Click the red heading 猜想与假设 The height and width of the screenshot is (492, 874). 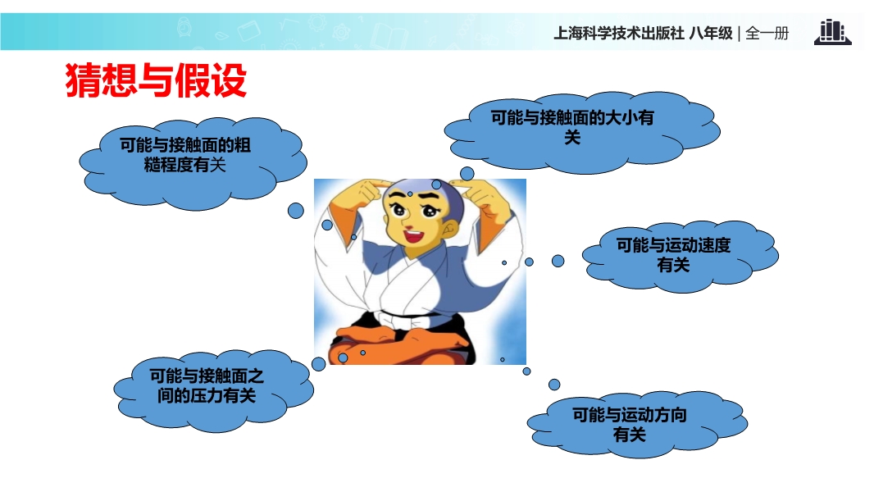(x=156, y=81)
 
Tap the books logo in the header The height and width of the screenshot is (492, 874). (x=832, y=32)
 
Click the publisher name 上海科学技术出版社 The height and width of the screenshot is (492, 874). (x=619, y=34)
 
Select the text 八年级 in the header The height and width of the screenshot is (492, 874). (x=711, y=34)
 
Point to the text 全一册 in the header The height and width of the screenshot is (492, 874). (x=767, y=34)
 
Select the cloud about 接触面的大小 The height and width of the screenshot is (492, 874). (x=582, y=132)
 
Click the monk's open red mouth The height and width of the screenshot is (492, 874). (x=413, y=235)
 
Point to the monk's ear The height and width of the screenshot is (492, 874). (x=450, y=227)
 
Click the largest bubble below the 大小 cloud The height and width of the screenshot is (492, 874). (x=467, y=174)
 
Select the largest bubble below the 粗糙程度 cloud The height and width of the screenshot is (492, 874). (x=296, y=211)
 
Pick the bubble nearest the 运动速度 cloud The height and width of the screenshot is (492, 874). (x=558, y=261)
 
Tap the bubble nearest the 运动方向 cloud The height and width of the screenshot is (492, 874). (x=554, y=385)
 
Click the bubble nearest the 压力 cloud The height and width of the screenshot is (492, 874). (x=318, y=364)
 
